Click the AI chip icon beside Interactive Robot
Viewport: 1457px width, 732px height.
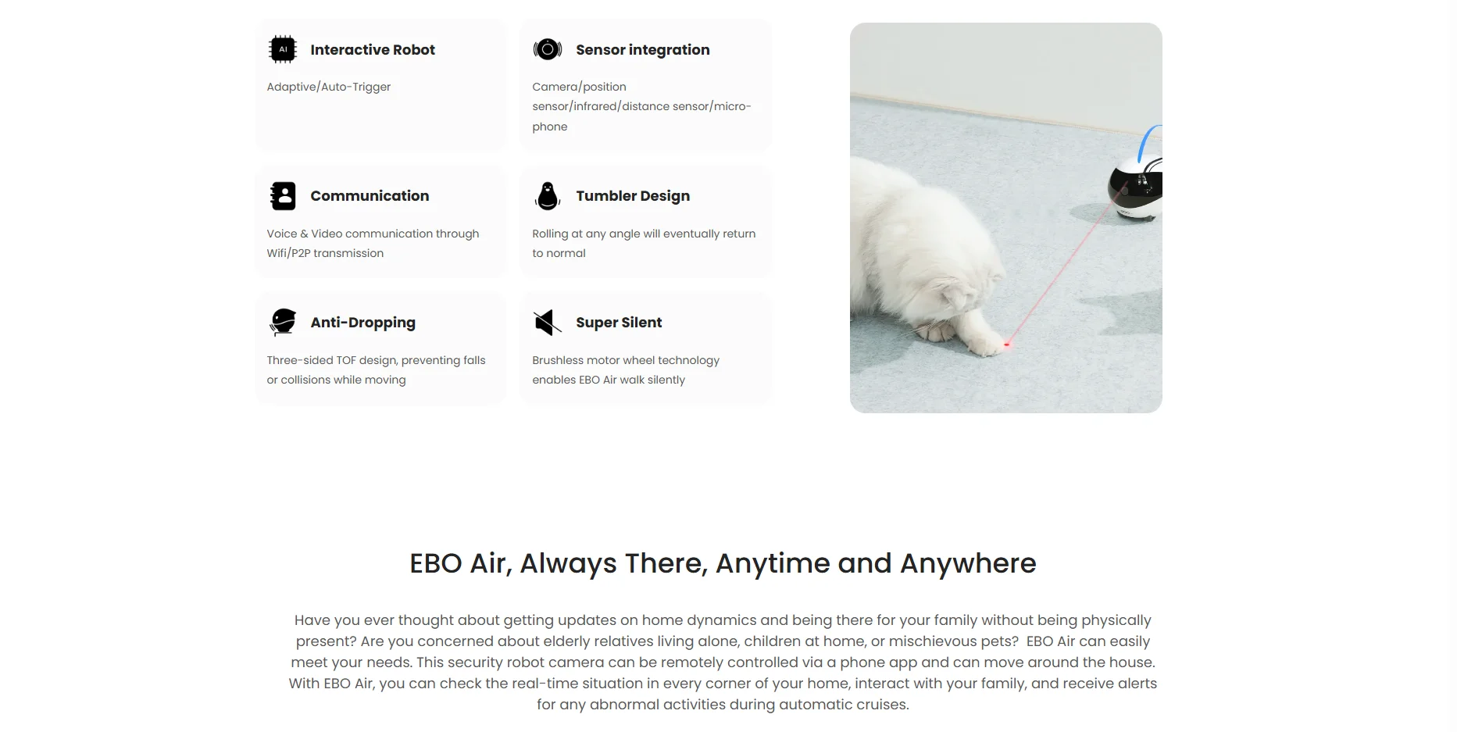[283, 49]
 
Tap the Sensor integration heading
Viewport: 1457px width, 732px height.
[643, 50]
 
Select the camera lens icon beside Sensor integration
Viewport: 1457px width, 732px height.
[548, 49]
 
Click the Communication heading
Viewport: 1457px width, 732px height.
[370, 196]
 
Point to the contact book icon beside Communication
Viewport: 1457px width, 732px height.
[283, 196]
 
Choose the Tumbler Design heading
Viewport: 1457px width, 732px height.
[633, 196]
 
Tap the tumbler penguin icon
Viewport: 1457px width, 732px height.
[548, 196]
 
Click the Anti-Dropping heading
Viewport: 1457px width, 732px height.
[362, 323]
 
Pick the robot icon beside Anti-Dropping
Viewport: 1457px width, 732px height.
[283, 322]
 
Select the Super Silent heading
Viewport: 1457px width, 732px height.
[619, 323]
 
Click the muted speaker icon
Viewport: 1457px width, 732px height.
[548, 322]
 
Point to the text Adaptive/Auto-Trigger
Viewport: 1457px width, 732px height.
[329, 87]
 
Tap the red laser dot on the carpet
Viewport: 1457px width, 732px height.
[1007, 344]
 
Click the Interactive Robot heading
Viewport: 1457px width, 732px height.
[373, 50]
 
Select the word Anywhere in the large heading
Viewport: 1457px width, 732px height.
[968, 563]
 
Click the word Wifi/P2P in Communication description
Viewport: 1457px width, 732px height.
[288, 253]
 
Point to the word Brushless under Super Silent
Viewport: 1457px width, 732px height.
[558, 360]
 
